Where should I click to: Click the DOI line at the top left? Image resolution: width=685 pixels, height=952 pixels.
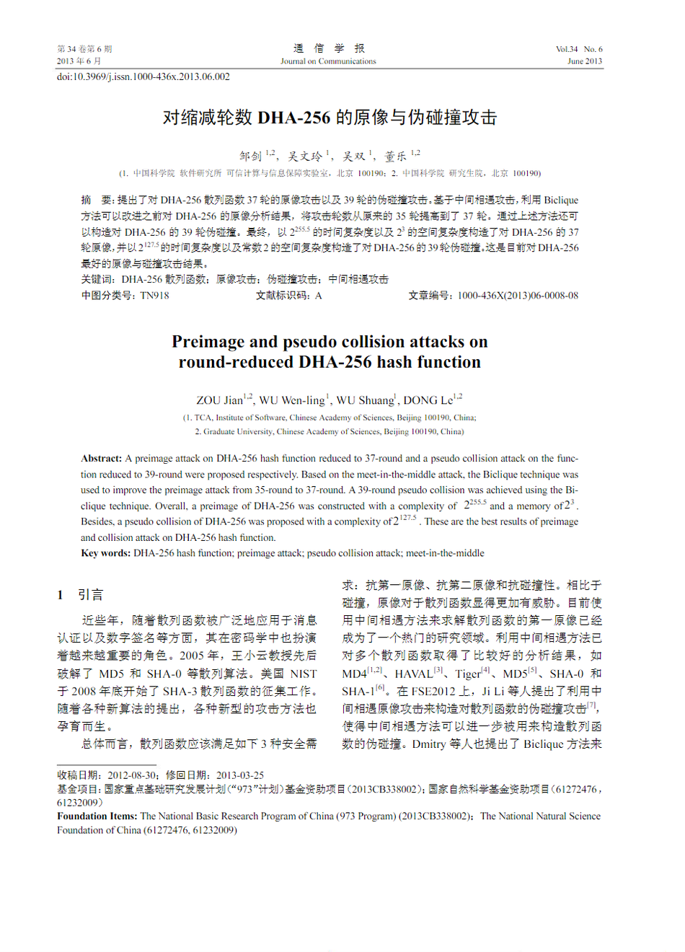click(x=143, y=76)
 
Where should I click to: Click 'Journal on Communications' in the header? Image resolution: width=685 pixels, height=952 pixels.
click(x=328, y=61)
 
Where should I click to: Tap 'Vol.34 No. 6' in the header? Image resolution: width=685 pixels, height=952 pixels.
click(x=578, y=49)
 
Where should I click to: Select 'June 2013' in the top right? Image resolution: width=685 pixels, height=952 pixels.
click(x=584, y=61)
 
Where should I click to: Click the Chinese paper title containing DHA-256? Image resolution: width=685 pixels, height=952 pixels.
click(x=330, y=118)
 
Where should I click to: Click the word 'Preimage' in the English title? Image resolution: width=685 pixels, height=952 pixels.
click(x=208, y=342)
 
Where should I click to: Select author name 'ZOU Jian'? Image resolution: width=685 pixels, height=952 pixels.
click(x=220, y=400)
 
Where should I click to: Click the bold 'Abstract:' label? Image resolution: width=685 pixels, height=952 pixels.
click(x=102, y=459)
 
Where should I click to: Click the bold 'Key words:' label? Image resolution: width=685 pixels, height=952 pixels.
click(x=105, y=553)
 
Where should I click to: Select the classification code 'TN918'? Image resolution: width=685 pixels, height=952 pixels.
click(x=154, y=295)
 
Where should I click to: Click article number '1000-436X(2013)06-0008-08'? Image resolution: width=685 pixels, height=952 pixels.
click(x=518, y=295)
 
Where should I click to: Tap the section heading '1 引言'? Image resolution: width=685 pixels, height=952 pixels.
click(x=81, y=595)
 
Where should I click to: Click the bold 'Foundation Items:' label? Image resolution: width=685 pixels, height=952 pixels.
click(x=97, y=816)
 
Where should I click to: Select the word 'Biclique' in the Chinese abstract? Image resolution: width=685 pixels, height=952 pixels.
click(x=561, y=200)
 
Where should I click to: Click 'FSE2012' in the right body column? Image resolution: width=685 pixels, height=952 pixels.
click(x=434, y=691)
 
